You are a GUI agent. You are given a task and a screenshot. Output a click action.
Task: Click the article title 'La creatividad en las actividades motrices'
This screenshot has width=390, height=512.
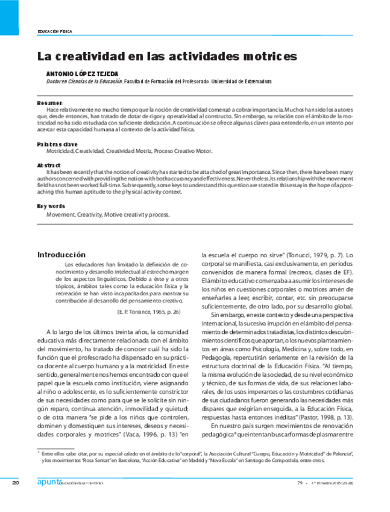167,57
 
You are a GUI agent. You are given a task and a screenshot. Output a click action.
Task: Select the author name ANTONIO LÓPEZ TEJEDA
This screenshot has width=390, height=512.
83,73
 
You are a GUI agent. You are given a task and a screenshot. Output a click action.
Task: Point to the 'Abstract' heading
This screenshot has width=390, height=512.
49,165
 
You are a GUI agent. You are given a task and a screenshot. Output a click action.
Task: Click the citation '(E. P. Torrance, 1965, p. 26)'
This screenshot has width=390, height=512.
148,312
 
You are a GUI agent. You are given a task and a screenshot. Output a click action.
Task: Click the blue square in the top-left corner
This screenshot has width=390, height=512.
13,18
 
